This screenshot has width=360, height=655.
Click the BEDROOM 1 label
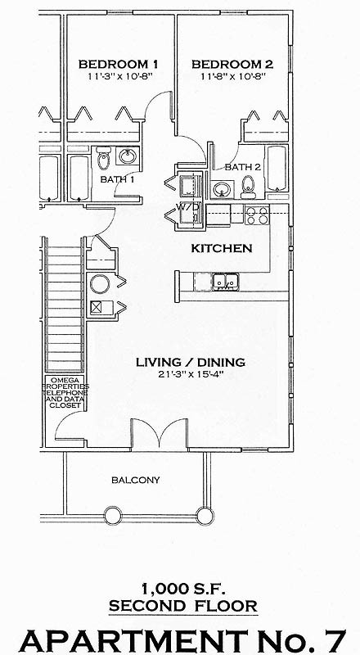pyautogui.click(x=118, y=63)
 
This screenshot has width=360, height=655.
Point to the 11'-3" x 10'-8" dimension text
pyautogui.click(x=118, y=76)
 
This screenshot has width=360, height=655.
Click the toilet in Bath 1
pyautogui.click(x=104, y=156)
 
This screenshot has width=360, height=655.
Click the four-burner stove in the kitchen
pyautogui.click(x=257, y=215)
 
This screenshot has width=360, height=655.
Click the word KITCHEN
pyautogui.click(x=221, y=248)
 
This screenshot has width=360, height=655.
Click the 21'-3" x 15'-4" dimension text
pyautogui.click(x=190, y=375)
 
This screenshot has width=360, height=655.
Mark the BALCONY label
pyautogui.click(x=136, y=480)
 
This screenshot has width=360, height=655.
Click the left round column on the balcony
pyautogui.click(x=112, y=515)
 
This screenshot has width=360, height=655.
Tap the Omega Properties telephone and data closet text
pyautogui.click(x=65, y=393)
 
